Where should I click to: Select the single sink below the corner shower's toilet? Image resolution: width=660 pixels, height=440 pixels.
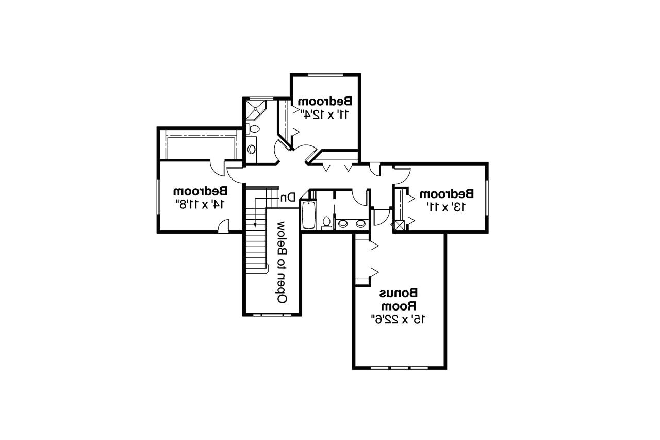252,149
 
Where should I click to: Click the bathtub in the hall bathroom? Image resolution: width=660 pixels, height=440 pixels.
308,214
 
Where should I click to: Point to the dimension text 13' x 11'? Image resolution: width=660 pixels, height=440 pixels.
447,207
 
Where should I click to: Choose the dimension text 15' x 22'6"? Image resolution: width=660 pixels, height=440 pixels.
398,319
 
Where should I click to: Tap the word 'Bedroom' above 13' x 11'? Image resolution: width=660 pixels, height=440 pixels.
447,194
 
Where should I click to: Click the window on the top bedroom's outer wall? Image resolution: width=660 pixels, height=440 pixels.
325,75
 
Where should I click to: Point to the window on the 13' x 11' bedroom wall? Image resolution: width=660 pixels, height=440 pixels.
486,197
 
